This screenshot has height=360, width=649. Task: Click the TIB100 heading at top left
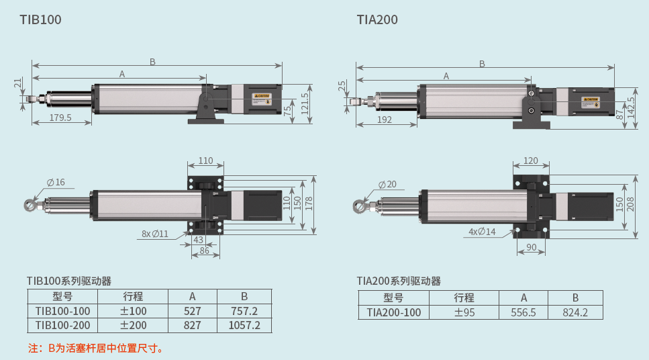coord(40,19)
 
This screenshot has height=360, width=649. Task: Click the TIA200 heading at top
coord(377,19)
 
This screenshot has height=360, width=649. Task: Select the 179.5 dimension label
coord(61,118)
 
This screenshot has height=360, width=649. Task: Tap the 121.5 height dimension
coord(305,104)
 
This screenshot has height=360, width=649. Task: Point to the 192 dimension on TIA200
coord(385,120)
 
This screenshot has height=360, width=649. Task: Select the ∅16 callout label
coord(56,182)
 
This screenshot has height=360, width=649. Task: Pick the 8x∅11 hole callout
coord(155,234)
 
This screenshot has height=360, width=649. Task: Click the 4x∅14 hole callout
coord(482,231)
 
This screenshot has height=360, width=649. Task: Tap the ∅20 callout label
coord(387,184)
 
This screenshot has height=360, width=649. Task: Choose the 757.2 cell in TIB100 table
coord(244,311)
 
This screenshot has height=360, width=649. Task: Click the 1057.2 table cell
coord(244,326)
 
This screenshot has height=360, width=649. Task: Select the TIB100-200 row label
coord(62,326)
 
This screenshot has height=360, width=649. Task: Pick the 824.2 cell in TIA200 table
coord(575,312)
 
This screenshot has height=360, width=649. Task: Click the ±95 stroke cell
coord(464,312)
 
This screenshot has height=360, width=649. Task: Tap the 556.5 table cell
coord(523,312)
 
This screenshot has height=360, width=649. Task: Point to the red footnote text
coord(96,348)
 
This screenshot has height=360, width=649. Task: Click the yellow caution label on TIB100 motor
coord(261,96)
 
